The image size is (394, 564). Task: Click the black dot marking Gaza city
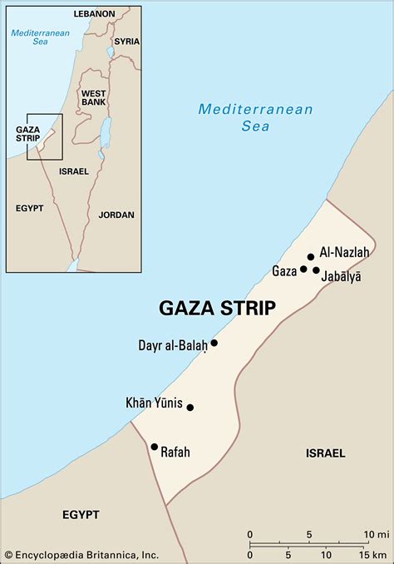pyautogui.click(x=303, y=269)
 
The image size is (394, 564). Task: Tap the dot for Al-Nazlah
pyautogui.click(x=311, y=257)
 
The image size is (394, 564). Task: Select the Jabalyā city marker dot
pyautogui.click(x=316, y=270)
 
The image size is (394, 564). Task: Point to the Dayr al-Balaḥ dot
pyautogui.click(x=214, y=343)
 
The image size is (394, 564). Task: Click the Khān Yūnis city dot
pyautogui.click(x=190, y=408)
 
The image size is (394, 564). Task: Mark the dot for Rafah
pyautogui.click(x=154, y=447)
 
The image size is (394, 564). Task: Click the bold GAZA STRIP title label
pyautogui.click(x=217, y=309)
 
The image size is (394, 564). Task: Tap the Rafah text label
pyautogui.click(x=175, y=453)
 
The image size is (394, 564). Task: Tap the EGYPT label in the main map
pyautogui.click(x=81, y=515)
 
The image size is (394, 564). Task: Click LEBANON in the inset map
pyautogui.click(x=93, y=14)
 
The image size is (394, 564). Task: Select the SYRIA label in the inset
pyautogui.click(x=126, y=41)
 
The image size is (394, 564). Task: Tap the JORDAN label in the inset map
pyautogui.click(x=116, y=215)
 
